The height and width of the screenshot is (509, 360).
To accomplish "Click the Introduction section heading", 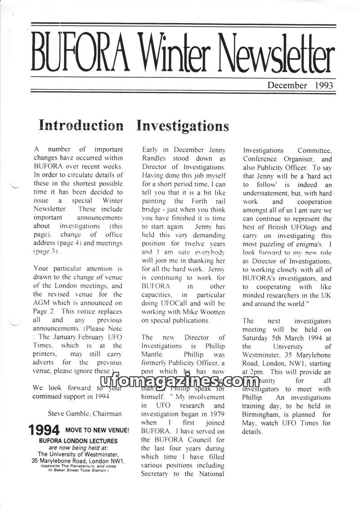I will point(81,125).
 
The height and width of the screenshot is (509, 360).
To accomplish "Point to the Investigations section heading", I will point(182,125).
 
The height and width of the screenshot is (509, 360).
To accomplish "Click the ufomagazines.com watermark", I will point(180,382).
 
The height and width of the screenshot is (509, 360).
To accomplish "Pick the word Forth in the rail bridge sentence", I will point(199,201).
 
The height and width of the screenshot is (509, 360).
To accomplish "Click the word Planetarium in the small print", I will point(77,466).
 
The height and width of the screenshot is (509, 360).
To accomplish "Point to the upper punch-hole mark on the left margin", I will point(14,184).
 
